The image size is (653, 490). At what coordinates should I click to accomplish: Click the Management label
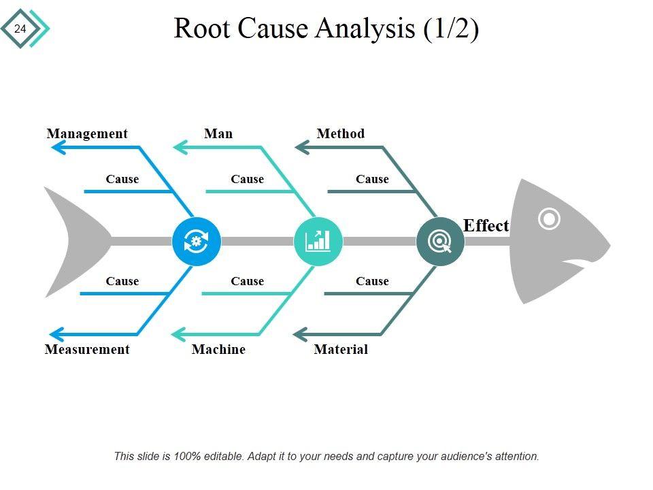[87, 133]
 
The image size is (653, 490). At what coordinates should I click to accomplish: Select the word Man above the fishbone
[218, 133]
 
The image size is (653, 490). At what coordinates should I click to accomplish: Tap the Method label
[341, 133]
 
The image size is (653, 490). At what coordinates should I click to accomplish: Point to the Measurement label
[87, 349]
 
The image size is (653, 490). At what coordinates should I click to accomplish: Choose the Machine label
[218, 349]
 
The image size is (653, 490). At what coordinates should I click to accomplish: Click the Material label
[341, 349]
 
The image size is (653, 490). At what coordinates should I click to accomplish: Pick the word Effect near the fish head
[486, 226]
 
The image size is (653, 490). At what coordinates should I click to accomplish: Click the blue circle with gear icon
[197, 241]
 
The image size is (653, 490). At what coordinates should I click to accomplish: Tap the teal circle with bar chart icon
[318, 241]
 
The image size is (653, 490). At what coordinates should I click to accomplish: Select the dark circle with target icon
[440, 241]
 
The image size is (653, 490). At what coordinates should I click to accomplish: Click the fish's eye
[549, 219]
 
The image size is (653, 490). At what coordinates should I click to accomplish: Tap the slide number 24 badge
[20, 29]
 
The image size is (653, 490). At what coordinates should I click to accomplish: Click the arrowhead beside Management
[57, 146]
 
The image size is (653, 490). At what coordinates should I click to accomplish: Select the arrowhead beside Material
[300, 334]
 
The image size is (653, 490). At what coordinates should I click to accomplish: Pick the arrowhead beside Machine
[178, 334]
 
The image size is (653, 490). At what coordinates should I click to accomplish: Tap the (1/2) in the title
[451, 29]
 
